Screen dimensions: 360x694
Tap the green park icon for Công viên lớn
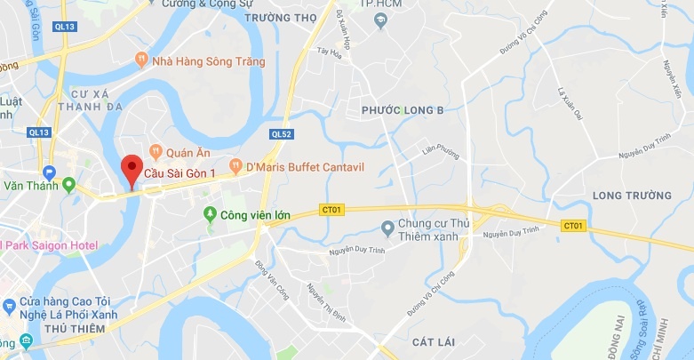click(x=210, y=213)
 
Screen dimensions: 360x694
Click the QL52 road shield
click(x=281, y=133)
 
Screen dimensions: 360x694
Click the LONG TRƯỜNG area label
click(x=632, y=195)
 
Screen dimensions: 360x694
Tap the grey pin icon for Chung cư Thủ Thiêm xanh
click(x=387, y=228)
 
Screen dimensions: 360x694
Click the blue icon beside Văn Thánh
click(x=48, y=172)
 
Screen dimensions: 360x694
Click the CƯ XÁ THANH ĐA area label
click(x=87, y=100)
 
